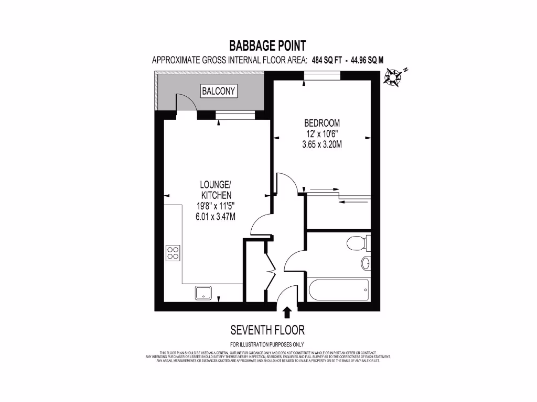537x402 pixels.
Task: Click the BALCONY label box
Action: point(219,91)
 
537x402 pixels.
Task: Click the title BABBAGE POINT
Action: point(267,46)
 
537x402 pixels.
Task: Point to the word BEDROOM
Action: point(322,123)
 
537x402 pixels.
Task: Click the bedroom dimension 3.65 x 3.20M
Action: point(322,145)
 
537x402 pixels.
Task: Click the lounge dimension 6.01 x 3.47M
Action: point(216,216)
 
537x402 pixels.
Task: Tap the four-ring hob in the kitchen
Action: point(173,253)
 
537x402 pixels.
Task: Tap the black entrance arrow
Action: point(286,312)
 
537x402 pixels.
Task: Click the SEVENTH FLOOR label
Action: point(267,330)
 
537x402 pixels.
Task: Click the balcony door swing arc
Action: point(187,103)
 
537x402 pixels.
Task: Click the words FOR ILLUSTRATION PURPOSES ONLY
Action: point(267,344)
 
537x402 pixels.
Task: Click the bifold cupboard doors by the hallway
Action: point(270,270)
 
